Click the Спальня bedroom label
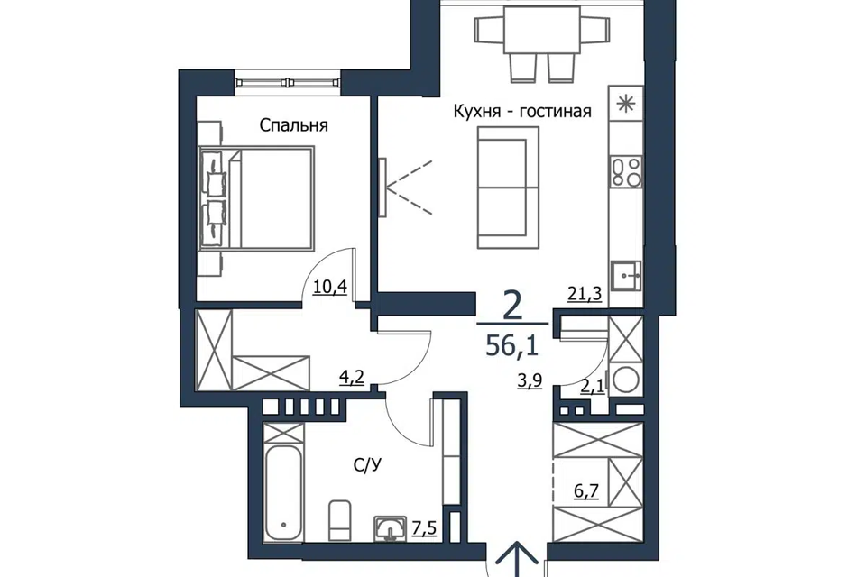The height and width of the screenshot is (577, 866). click(x=293, y=126)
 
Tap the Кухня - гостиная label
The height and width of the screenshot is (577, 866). click(x=522, y=112)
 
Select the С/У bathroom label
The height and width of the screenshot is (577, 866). click(x=367, y=466)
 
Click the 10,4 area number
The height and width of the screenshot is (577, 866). click(x=330, y=287)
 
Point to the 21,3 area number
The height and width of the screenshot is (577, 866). click(x=585, y=294)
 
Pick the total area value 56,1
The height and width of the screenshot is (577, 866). click(x=512, y=346)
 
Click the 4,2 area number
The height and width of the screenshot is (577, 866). click(x=352, y=379)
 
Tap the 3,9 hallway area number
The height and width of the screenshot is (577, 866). click(x=530, y=381)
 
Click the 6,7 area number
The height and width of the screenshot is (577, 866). click(x=586, y=490)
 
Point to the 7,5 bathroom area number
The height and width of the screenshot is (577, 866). click(x=424, y=528)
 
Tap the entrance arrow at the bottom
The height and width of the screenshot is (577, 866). click(x=516, y=559)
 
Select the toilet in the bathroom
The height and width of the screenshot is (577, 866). click(x=339, y=520)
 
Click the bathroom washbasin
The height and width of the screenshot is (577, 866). click(x=391, y=528)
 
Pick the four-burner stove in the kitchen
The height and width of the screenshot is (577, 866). click(x=626, y=171)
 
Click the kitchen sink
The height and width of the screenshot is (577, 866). click(x=626, y=275)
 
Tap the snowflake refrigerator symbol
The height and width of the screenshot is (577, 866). click(x=626, y=104)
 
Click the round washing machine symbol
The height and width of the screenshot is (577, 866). click(x=626, y=380)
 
